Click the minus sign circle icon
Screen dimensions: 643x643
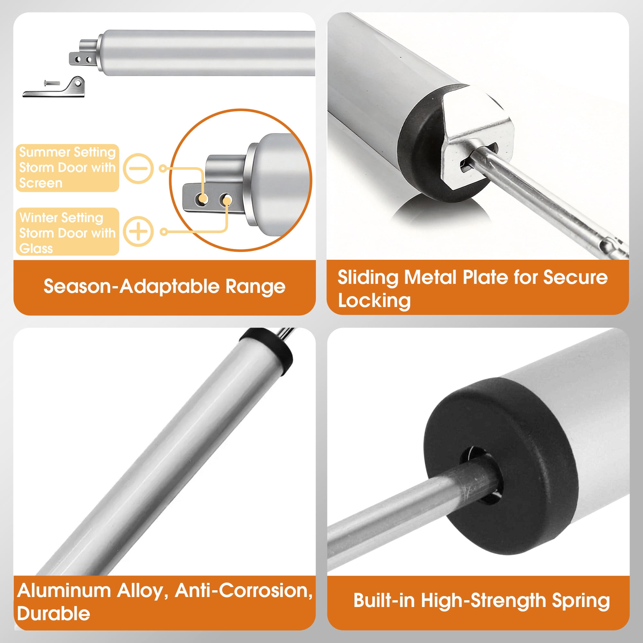(x=138, y=168)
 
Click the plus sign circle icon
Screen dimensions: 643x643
(x=138, y=231)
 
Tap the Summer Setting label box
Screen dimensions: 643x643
(x=67, y=168)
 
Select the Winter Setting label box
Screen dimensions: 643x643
(x=67, y=232)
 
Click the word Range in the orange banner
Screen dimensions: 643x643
(x=255, y=287)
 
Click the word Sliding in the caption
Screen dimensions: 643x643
(x=368, y=277)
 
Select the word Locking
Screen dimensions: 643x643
(x=374, y=301)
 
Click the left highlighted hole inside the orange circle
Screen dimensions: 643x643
(x=202, y=199)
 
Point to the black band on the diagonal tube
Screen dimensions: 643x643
(x=266, y=350)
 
